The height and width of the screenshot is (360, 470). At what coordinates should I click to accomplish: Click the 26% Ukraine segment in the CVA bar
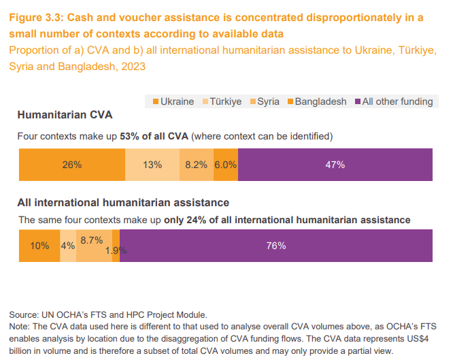71,165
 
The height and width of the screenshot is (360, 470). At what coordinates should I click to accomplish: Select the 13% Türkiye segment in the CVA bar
152,165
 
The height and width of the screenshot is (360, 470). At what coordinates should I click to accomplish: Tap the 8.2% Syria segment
196,165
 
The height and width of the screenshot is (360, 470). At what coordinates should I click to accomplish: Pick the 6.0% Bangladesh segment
225,165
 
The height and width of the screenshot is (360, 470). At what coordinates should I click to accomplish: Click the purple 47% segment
335,165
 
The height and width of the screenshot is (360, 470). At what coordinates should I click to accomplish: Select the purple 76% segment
276,246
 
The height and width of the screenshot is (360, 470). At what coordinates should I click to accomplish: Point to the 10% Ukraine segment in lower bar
39,246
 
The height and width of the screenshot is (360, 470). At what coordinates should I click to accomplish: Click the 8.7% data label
91,240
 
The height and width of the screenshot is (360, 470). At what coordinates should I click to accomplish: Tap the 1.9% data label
116,250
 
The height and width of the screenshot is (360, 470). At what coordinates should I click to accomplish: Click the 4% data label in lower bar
68,246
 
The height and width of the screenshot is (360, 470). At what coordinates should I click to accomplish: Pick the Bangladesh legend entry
316,101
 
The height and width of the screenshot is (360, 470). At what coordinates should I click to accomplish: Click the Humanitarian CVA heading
65,114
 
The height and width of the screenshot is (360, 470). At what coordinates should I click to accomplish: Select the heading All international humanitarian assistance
122,202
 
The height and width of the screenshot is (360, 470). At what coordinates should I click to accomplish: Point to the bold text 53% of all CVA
154,136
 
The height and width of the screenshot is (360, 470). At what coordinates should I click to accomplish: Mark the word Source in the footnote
24,314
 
